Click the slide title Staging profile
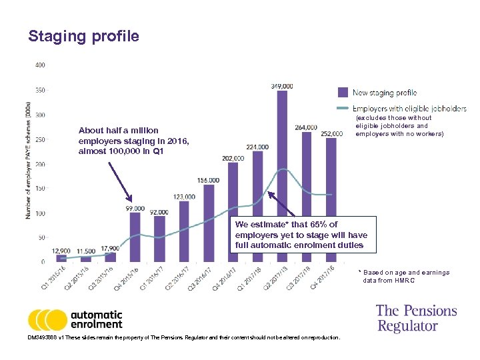tap(83, 36)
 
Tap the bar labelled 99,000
tap(135, 237)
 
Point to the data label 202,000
tap(233, 158)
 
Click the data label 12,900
tap(61, 250)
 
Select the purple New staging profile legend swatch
tap(343, 93)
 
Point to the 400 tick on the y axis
tap(39, 65)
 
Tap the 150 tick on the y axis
tap(39, 189)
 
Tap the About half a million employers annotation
tap(134, 141)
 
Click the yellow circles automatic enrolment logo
tap(47, 320)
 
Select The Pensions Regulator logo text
tap(416, 318)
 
